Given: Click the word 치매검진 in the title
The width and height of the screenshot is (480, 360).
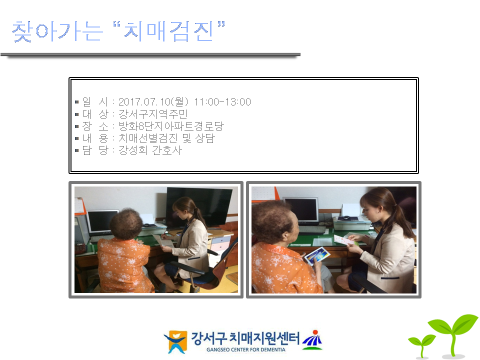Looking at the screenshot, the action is pos(168,31).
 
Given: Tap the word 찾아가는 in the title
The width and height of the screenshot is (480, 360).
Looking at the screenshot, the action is pos(57,31).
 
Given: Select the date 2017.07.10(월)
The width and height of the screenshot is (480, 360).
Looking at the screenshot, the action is pos(153,102).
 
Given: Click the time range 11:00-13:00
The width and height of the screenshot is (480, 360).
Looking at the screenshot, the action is pos(222,102).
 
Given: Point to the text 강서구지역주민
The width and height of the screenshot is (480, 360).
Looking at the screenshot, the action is pos(153,114).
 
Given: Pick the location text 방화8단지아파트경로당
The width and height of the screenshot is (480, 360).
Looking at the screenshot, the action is pos(171,126).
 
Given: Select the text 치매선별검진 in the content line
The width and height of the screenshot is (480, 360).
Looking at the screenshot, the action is pos(148,138).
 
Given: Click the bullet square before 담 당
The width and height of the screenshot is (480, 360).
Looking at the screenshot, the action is pos(77,150).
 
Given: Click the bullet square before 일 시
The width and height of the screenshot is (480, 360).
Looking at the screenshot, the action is pos(77,102).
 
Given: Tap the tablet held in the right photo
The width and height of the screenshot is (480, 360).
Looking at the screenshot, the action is pos(317,256).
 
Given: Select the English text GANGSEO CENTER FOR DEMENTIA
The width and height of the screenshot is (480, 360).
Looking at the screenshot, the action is pos(246,349).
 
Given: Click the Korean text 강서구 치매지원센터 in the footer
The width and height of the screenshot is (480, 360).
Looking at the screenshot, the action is pos(245,338).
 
